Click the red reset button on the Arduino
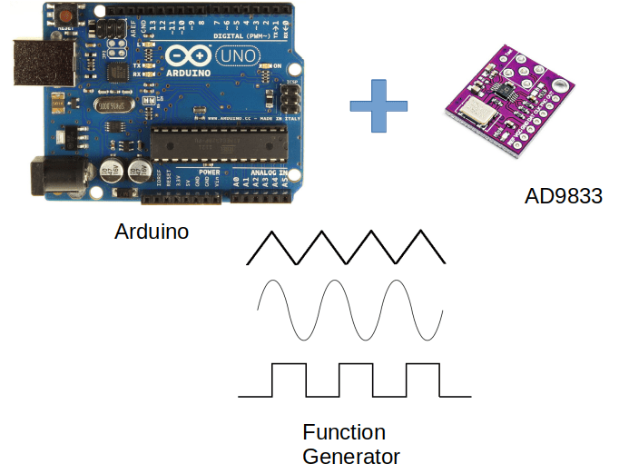click(x=66, y=15)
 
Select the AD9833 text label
click(x=563, y=196)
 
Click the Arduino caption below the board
click(x=152, y=232)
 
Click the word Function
click(x=344, y=432)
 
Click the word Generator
click(x=351, y=455)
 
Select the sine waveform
click(x=350, y=310)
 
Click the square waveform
click(x=354, y=380)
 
